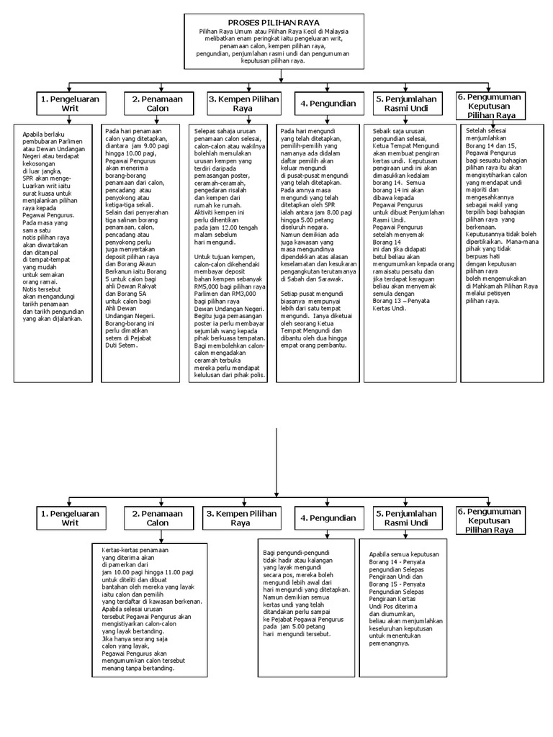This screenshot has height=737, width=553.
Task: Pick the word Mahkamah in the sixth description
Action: (x=487, y=286)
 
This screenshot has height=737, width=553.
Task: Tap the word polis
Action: (x=256, y=375)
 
